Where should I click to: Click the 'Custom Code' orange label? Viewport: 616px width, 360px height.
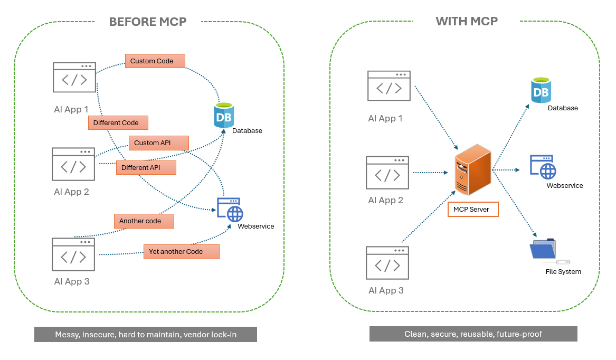[x=155, y=61]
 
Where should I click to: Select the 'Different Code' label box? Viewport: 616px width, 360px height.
[x=118, y=122]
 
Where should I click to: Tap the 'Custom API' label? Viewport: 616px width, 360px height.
[x=158, y=143]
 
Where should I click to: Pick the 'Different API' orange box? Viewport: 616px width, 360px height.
[x=146, y=168]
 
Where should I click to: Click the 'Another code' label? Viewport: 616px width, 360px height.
[x=144, y=221]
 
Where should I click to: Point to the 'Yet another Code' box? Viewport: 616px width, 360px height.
[x=181, y=251]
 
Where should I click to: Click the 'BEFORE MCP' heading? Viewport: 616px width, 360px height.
[x=148, y=22]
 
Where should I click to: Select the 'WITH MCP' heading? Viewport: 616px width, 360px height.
[x=467, y=21]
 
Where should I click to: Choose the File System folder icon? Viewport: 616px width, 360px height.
[x=544, y=250]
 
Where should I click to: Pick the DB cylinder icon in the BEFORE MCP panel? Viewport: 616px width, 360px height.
[x=224, y=115]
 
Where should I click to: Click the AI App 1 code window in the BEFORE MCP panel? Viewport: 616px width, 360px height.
[x=74, y=77]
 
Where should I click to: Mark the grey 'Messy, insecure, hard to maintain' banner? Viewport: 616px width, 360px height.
[x=146, y=335]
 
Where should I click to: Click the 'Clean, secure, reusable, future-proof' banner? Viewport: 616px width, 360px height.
[x=473, y=334]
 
